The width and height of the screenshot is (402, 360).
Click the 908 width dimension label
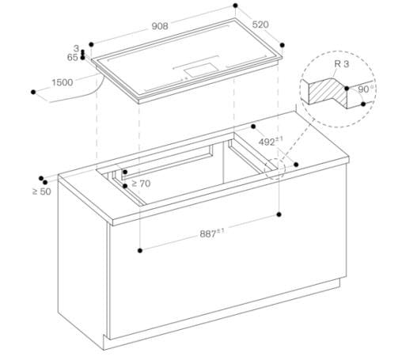[x=161, y=26]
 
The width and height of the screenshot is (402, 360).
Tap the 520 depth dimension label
[x=260, y=25]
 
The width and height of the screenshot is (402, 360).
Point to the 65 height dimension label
[x=73, y=58]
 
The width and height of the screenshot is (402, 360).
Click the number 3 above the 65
[x=76, y=48]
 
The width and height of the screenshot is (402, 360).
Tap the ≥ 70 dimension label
[x=140, y=183]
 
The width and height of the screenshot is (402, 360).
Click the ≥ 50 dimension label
[x=41, y=191]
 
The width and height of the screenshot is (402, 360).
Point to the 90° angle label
[x=365, y=90]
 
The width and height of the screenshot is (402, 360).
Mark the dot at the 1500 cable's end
[x=33, y=93]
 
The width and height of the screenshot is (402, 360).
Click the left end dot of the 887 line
[x=139, y=249]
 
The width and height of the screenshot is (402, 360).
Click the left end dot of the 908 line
[x=92, y=44]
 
